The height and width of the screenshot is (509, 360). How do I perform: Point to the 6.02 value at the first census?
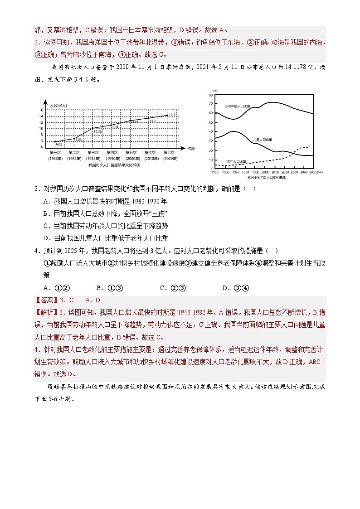pyautogui.click(x=58, y=145)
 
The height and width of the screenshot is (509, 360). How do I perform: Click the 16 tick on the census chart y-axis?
pyautogui.click(x=41, y=110)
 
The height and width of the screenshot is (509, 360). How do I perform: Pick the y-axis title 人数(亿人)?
pyautogui.click(x=58, y=105)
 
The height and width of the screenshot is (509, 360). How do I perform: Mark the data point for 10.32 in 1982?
pyautogui.click(x=93, y=128)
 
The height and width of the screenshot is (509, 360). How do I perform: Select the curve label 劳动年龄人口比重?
pyautogui.click(x=237, y=106)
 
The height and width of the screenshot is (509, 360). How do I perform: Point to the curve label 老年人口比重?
pyautogui.click(x=236, y=161)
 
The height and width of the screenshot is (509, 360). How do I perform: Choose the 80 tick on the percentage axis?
pyautogui.click(x=210, y=95)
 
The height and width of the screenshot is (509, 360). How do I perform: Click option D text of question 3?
pyautogui.click(x=106, y=238)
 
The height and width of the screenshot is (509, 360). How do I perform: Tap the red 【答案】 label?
pyautogui.click(x=46, y=300)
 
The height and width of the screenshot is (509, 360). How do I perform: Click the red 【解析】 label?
pyautogui.click(x=46, y=312)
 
